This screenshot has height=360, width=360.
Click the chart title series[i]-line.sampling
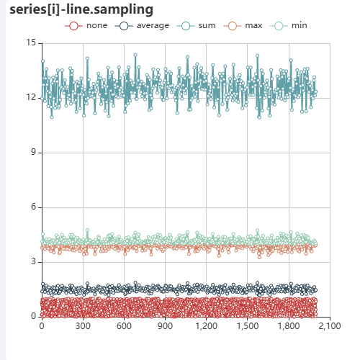tap(81, 9)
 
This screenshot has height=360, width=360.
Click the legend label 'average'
tap(153, 26)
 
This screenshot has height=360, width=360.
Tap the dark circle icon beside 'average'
tap(125, 26)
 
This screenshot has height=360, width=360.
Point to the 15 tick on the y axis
tap(31, 43)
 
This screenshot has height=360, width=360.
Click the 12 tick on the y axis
tap(31, 98)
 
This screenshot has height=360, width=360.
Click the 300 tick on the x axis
tap(83, 326)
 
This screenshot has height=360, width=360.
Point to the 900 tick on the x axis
tap(165, 326)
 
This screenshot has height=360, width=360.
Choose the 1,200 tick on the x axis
tap(206, 326)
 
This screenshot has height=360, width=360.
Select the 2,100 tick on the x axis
tap(329, 326)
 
